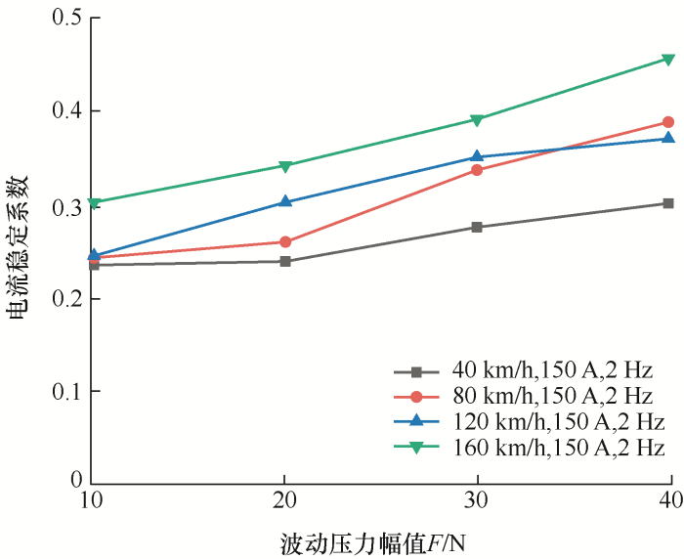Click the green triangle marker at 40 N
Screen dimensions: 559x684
(x=668, y=60)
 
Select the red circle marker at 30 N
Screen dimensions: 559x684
(x=477, y=170)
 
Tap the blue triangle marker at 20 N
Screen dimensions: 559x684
(x=285, y=201)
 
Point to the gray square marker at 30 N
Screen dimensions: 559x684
(x=477, y=227)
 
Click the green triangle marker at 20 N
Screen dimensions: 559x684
(x=285, y=166)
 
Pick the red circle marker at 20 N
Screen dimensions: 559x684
(x=285, y=241)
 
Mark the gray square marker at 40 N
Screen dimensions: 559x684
(x=668, y=203)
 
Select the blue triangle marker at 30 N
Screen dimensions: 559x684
(x=477, y=156)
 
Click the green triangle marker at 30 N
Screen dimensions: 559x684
(x=477, y=120)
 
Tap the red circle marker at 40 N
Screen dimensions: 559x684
(x=668, y=122)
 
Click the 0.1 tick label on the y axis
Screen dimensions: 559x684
(x=66, y=391)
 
